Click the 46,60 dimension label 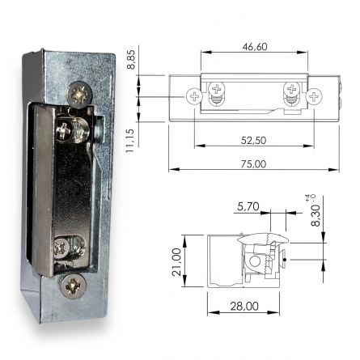tap(254, 47)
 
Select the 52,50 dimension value tap(254, 140)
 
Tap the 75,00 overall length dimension tap(254, 164)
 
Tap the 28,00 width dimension tap(244, 307)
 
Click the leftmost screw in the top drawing tap(193, 96)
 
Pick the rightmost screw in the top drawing tap(315, 96)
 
